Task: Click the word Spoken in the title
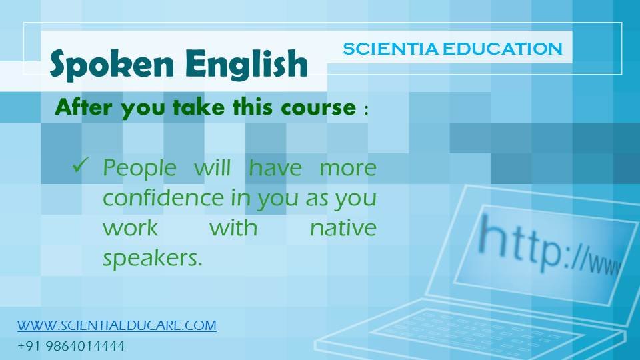(111, 64)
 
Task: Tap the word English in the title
(246, 65)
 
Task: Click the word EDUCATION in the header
(503, 49)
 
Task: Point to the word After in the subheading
(83, 107)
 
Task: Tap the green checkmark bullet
(80, 165)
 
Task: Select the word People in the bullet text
(139, 169)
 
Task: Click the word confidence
(163, 198)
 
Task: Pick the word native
(343, 228)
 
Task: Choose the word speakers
(153, 259)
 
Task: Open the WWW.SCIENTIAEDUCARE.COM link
(117, 325)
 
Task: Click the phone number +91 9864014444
(71, 346)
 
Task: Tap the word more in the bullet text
(348, 169)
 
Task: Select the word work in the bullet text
(130, 228)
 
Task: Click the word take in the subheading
(199, 107)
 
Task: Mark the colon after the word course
(366, 109)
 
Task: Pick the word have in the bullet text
(275, 168)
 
